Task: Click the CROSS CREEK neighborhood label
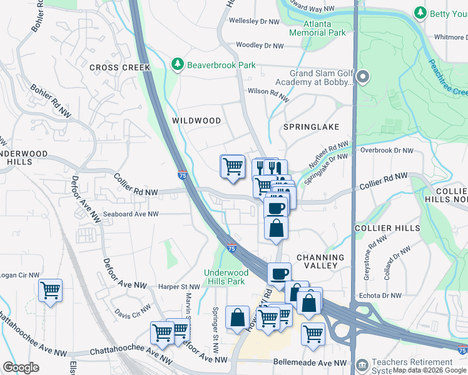120,67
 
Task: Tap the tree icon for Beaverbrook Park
178,64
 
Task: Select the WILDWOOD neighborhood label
196,120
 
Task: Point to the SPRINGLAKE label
311,127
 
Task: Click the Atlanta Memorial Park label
317,28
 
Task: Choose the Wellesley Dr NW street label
255,21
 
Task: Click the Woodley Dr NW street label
260,46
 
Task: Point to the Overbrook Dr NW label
387,151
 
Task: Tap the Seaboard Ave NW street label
131,214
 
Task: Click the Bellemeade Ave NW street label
310,362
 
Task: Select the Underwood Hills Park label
226,277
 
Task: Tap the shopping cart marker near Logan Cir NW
50,290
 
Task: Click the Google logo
21,367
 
